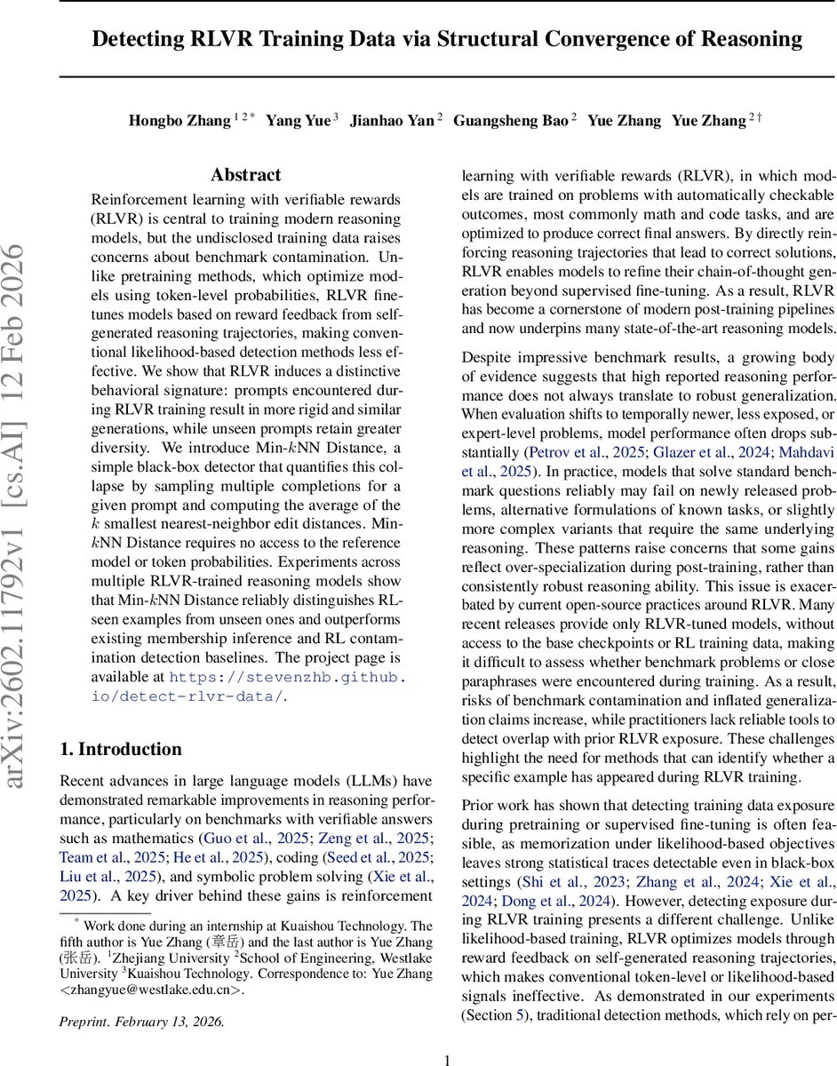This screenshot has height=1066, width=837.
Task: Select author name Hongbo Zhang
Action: tap(178, 121)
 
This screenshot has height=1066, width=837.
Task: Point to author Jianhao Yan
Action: tap(391, 121)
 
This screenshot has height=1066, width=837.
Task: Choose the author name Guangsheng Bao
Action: tap(510, 121)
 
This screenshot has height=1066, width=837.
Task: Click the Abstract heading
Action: tap(245, 175)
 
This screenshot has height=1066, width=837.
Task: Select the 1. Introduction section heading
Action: tap(120, 749)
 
